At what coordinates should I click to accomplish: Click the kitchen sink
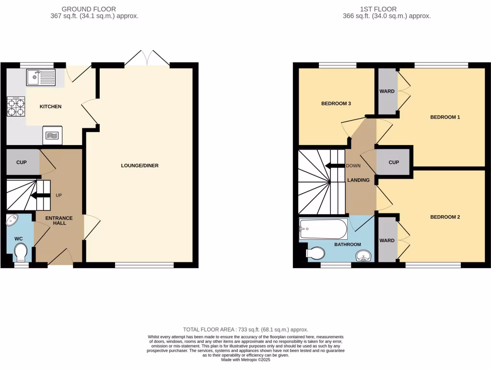click(x=41, y=77)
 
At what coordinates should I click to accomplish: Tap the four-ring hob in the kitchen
click(x=16, y=106)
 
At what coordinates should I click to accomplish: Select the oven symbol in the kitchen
click(x=52, y=135)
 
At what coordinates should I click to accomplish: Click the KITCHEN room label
click(x=50, y=107)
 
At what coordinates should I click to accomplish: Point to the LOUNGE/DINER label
click(x=140, y=166)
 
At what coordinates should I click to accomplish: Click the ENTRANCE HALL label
click(x=59, y=221)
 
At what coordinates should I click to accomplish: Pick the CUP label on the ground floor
click(x=22, y=162)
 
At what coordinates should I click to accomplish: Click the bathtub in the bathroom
click(x=323, y=229)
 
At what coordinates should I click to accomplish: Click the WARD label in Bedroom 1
click(x=387, y=91)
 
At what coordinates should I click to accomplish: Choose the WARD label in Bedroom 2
click(x=387, y=241)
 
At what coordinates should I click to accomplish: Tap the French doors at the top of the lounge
click(x=147, y=58)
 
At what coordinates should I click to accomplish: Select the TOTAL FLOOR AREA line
click(x=245, y=330)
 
